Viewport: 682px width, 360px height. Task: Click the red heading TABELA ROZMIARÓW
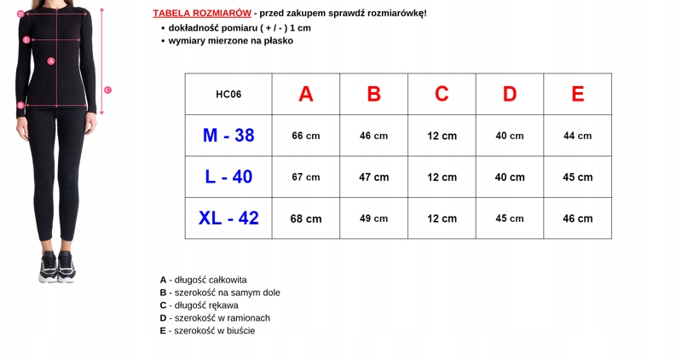[x=202, y=13]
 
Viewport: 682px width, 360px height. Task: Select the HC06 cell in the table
[x=228, y=95]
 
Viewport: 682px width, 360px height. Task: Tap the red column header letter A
[x=306, y=95]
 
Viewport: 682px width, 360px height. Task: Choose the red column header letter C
[x=442, y=95]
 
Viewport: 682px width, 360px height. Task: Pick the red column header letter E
[x=577, y=95]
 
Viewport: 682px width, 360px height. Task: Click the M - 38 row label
[x=228, y=136]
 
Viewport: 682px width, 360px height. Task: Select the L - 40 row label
[x=228, y=177]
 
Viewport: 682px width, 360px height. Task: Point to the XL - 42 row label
[x=228, y=218]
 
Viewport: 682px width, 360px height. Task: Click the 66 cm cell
[x=306, y=136]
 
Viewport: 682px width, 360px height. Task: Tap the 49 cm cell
[x=373, y=218]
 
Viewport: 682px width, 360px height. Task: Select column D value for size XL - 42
[x=510, y=218]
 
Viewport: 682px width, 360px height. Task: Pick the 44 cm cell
[x=577, y=136]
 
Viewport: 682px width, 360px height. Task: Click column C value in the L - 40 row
[x=442, y=177]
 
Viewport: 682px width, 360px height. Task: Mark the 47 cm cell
[x=373, y=177]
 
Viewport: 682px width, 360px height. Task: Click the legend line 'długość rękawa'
[x=199, y=305]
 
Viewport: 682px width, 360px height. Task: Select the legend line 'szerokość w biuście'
[x=207, y=331]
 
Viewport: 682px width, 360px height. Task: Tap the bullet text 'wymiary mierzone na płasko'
[x=230, y=40]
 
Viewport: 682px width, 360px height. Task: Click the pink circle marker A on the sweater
[x=51, y=61]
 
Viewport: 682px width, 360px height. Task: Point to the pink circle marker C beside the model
[x=107, y=90]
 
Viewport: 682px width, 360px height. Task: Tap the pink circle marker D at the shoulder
[x=20, y=14]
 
